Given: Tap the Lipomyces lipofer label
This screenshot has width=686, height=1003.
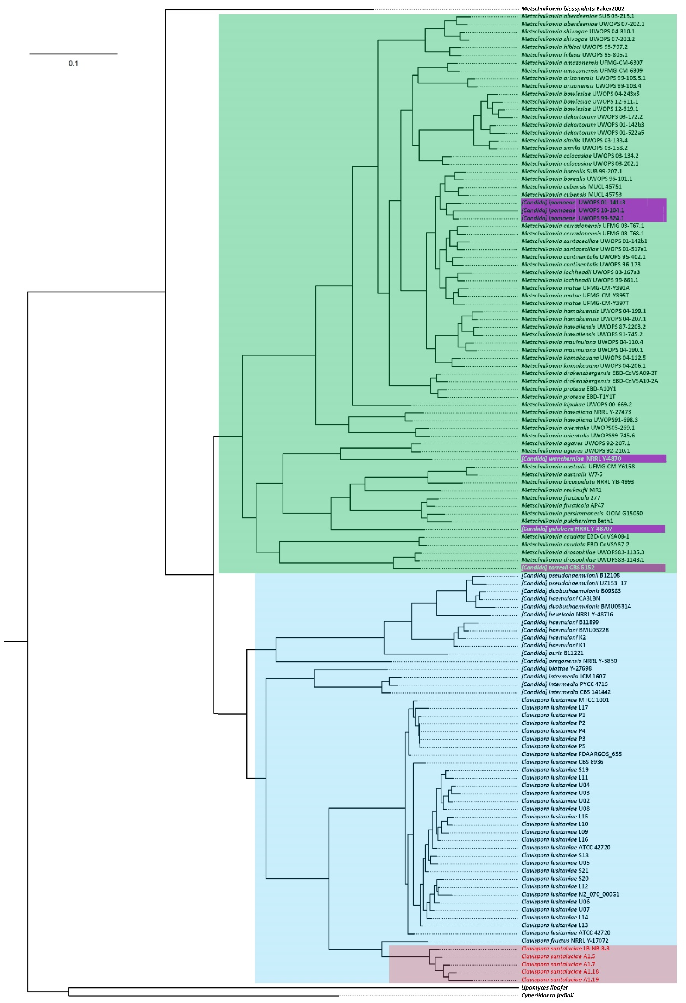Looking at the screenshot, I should [x=544, y=987].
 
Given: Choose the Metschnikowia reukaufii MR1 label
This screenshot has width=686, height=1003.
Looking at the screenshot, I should [x=561, y=490].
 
